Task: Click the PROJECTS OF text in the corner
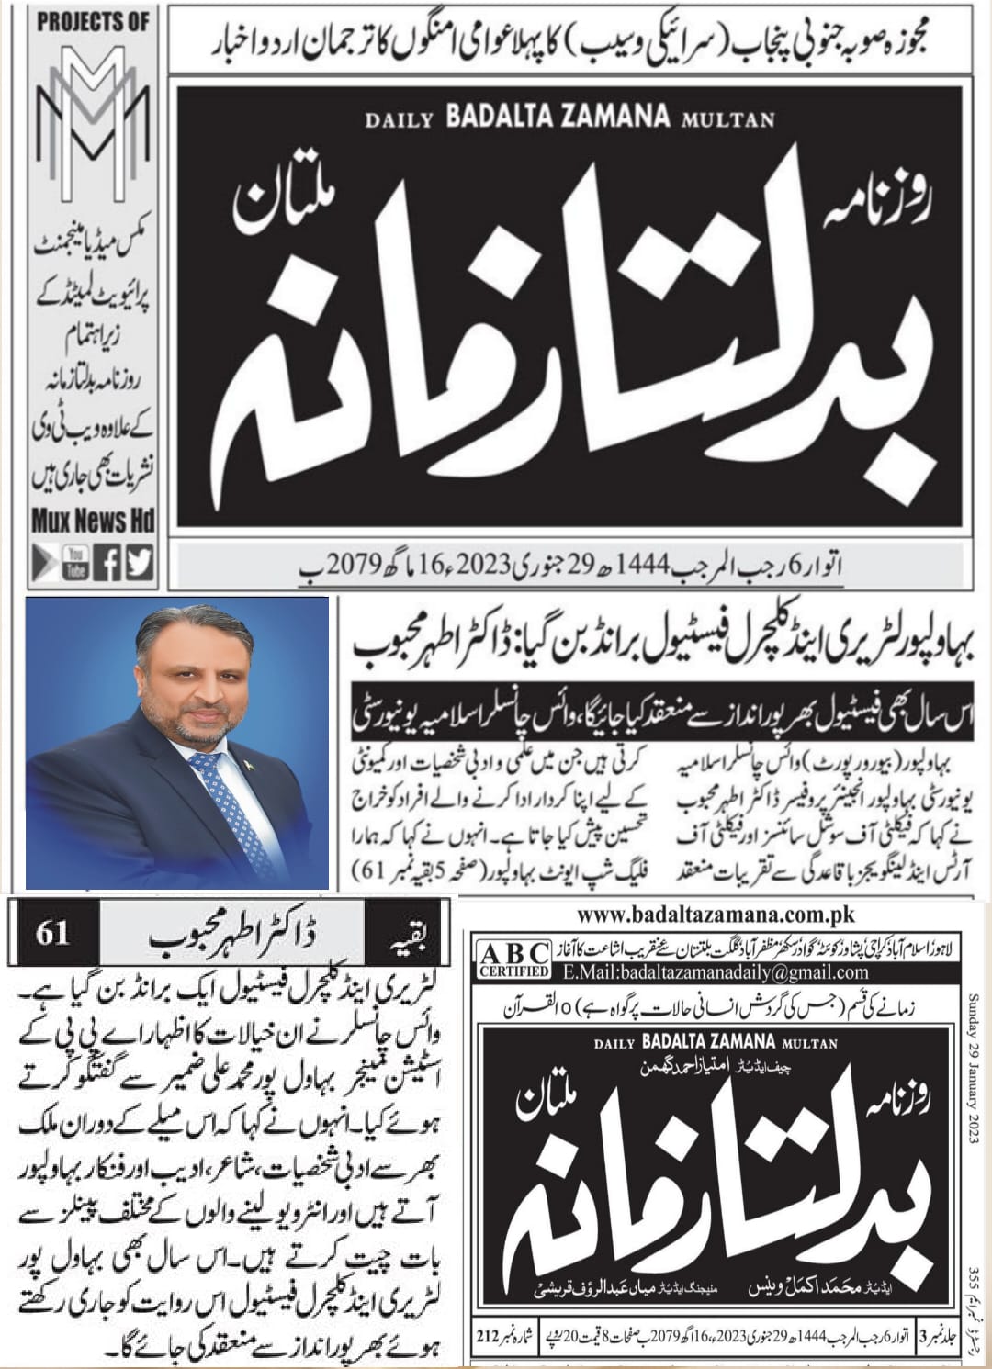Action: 92,23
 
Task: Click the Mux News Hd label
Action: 92,522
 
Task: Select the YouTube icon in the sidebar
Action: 75,562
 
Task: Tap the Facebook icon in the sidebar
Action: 108,562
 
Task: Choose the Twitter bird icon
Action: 140,562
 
